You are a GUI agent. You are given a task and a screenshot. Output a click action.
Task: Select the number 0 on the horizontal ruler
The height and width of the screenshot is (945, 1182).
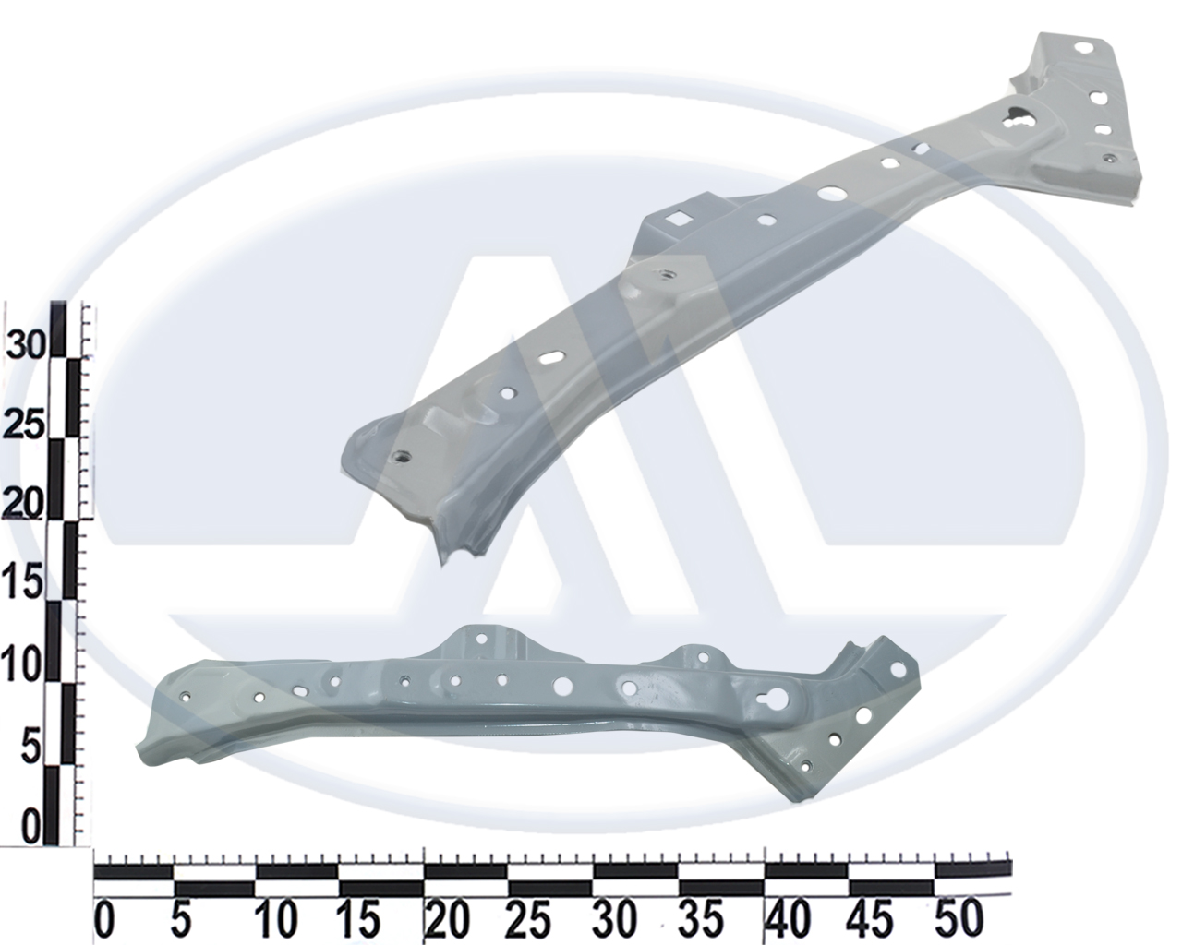click(x=105, y=918)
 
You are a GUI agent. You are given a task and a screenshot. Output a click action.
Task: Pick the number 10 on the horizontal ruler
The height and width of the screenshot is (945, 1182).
click(x=277, y=918)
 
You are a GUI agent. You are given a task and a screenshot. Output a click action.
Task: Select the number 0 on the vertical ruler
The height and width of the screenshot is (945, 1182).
click(x=31, y=824)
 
